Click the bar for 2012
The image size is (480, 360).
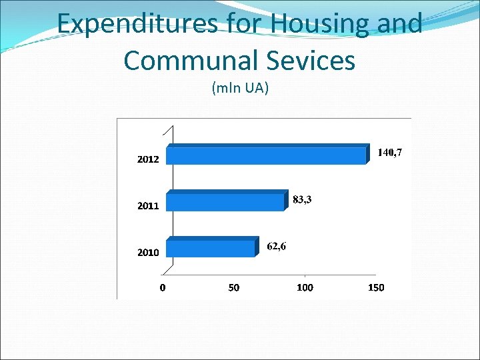pos(267,155)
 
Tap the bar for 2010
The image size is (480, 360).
pos(211,247)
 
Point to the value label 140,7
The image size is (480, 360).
pos(389,153)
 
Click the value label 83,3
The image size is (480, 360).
pos(302,199)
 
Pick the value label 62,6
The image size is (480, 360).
pos(277,246)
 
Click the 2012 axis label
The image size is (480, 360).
pos(148,160)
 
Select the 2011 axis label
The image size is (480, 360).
pos(148,206)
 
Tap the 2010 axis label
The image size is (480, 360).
pos(148,253)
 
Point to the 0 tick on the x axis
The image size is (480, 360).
pos(163,287)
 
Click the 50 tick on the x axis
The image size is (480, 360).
pos(234,287)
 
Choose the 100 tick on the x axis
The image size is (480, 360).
pos(305,287)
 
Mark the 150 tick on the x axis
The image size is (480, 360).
pos(376,287)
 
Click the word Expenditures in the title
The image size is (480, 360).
pos(138,25)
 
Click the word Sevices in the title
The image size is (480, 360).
pos(312,61)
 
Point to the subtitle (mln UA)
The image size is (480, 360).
pos(240,87)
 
